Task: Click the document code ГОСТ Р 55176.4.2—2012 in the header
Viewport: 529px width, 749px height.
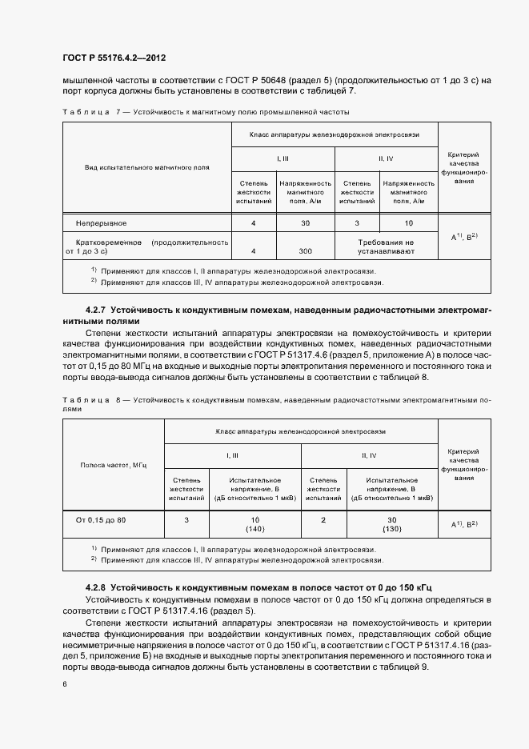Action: tap(114, 58)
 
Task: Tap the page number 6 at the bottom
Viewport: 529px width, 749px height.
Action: tap(65, 684)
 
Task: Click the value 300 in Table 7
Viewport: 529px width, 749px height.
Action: tap(305, 251)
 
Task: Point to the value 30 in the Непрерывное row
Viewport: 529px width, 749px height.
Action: tap(305, 222)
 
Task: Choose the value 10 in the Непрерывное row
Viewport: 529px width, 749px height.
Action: tap(409, 222)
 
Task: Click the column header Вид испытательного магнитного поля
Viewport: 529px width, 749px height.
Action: tap(147, 168)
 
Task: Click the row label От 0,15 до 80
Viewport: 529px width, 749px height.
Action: tap(101, 520)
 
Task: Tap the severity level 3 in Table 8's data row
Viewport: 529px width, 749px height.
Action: tap(186, 520)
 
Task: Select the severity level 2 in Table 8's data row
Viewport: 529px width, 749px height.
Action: tap(323, 520)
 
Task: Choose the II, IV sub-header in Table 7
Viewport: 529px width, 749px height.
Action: tap(386, 158)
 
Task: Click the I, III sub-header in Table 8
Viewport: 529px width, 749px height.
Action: tap(232, 455)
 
